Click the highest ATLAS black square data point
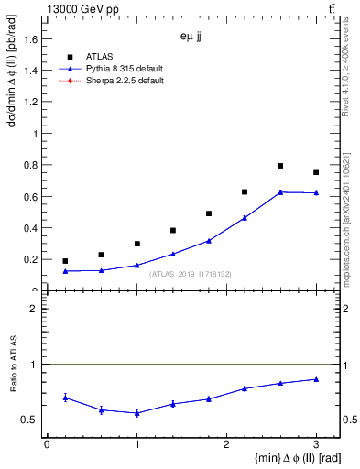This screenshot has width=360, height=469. [x=280, y=166]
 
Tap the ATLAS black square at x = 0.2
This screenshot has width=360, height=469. [x=64, y=261]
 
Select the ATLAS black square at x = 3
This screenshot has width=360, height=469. [x=316, y=172]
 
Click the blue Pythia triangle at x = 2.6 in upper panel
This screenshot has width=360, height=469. [x=280, y=191]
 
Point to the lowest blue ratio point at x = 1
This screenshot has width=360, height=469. [x=136, y=413]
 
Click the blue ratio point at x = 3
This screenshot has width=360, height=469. [x=316, y=379]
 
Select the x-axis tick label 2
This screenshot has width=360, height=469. [x=226, y=443]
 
